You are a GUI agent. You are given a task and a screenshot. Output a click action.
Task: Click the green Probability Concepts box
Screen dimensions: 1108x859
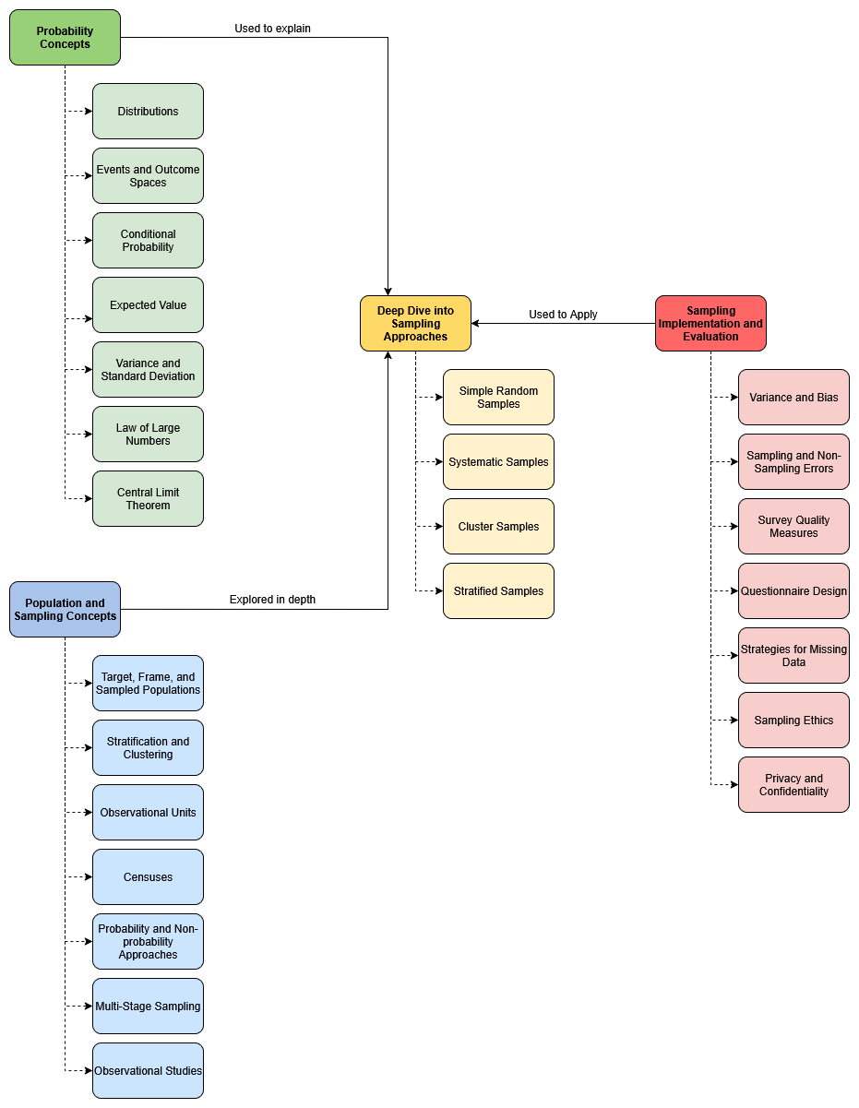(65, 38)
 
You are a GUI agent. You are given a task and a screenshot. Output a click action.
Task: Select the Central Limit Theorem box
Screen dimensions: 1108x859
(148, 499)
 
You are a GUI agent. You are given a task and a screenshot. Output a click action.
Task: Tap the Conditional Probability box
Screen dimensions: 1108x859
(148, 241)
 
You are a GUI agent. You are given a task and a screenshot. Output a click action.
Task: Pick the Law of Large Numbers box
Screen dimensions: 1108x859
(148, 435)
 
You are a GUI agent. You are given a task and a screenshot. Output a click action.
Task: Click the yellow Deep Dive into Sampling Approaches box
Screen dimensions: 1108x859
(415, 324)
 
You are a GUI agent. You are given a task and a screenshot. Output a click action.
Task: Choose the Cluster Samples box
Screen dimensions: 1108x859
(498, 527)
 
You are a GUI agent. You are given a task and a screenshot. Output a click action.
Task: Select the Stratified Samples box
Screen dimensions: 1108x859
(498, 591)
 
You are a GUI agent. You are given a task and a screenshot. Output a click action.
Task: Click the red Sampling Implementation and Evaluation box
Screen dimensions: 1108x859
(710, 324)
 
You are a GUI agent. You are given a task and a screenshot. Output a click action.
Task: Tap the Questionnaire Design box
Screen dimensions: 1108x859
(793, 591)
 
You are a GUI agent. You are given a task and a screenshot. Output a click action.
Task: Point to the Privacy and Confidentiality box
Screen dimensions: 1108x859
(793, 785)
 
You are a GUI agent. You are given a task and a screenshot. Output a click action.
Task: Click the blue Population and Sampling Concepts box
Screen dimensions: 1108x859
(65, 610)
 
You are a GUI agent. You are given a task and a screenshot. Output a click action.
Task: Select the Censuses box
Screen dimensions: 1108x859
(148, 877)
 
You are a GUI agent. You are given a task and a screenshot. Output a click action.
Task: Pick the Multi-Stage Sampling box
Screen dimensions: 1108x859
(148, 1007)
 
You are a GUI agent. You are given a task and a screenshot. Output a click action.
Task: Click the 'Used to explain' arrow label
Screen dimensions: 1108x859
(272, 29)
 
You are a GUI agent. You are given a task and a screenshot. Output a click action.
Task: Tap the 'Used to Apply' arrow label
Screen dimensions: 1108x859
(563, 315)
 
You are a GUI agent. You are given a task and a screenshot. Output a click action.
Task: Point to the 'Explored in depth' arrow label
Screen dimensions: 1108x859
(272, 600)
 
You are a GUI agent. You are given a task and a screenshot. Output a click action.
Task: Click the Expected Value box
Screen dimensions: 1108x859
(148, 305)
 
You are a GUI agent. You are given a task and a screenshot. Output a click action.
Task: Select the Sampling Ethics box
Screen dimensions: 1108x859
(793, 721)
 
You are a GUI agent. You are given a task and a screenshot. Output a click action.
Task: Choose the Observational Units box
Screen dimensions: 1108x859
(148, 813)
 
